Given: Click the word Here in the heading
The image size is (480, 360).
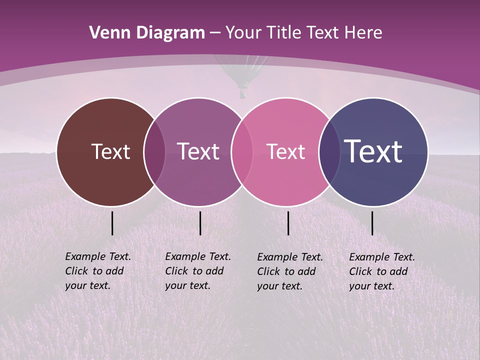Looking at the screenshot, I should [x=364, y=33].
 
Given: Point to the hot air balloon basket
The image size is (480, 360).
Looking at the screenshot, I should [x=243, y=93].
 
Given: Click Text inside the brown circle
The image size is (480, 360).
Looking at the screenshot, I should [x=110, y=152].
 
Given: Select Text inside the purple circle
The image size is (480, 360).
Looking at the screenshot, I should [x=198, y=152].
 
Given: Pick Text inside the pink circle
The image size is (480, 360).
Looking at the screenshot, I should [x=285, y=152].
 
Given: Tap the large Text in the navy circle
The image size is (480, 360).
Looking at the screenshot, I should [x=373, y=151].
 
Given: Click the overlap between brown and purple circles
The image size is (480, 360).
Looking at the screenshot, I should [x=154, y=152].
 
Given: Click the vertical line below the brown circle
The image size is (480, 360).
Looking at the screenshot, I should [x=112, y=223].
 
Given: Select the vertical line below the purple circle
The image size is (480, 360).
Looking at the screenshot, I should [x=200, y=223].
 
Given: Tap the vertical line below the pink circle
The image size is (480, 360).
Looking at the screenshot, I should [x=288, y=223].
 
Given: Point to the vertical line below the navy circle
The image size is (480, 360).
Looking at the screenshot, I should [x=372, y=223].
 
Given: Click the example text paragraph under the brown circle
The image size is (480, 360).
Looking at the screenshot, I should [x=98, y=271].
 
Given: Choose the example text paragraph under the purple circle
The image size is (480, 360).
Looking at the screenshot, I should [x=198, y=271].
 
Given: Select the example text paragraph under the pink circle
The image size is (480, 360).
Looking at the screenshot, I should [x=290, y=271].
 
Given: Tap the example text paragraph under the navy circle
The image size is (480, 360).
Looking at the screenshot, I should [x=382, y=271].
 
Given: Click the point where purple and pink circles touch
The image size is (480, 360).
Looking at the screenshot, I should [x=240, y=152].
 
